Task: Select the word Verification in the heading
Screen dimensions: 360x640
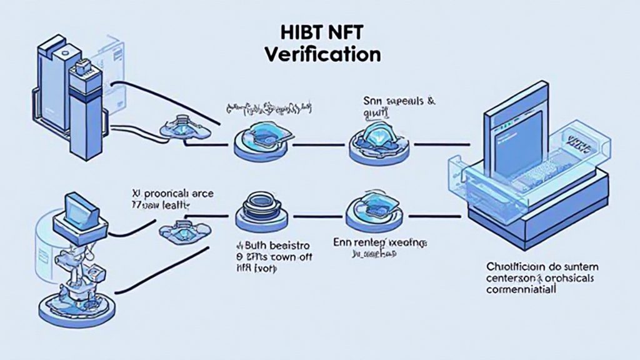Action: pos(322,54)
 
